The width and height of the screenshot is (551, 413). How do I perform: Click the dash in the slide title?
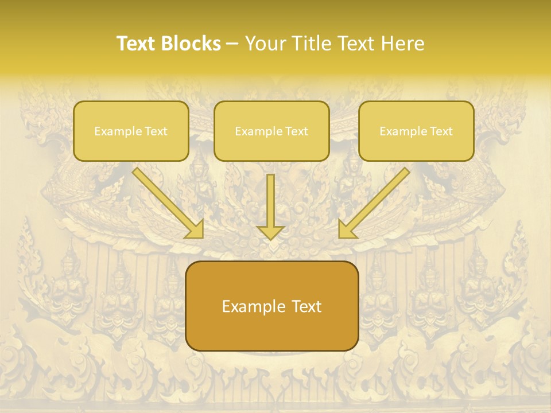tap(232, 44)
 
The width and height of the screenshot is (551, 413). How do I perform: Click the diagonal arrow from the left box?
tap(164, 198)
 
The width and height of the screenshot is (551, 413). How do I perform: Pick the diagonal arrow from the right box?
tap(379, 198)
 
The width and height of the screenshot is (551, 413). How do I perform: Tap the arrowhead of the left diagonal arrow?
tap(195, 229)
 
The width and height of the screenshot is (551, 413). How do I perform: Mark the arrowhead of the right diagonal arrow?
tap(347, 229)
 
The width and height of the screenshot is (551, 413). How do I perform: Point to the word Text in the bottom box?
tap(305, 306)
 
